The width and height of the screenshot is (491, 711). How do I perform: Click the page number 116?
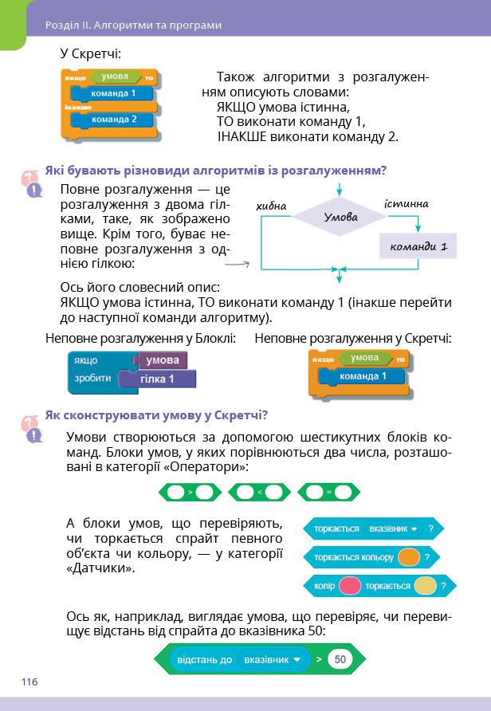pos(29,682)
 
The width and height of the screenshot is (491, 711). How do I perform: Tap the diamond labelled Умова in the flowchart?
pos(340,217)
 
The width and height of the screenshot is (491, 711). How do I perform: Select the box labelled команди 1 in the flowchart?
pos(418,246)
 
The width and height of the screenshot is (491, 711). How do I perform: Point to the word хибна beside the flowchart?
pos(272,206)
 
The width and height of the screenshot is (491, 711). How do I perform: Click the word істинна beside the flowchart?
pos(406,204)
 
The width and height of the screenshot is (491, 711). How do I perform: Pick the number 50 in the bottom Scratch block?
pos(340,660)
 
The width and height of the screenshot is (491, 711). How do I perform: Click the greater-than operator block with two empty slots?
pos(191,493)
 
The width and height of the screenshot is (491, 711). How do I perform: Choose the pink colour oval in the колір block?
pos(350,586)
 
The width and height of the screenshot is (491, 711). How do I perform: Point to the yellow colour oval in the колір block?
pos(425,586)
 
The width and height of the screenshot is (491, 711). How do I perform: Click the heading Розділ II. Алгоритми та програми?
pos(133,25)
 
